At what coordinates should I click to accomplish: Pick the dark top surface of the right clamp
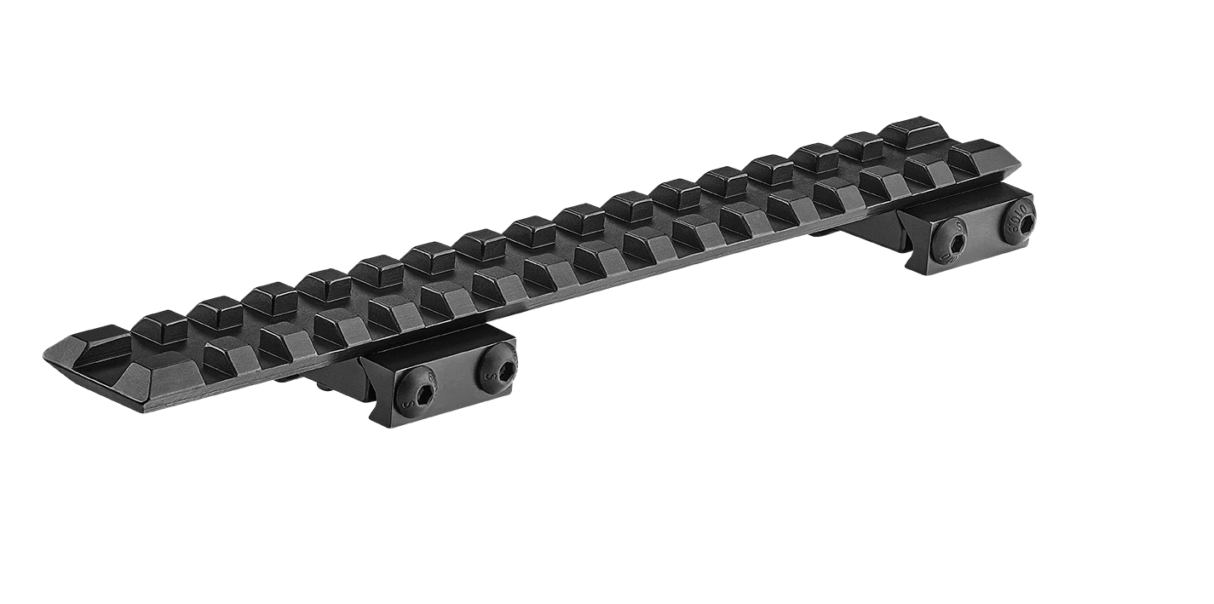pos(963,202)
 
